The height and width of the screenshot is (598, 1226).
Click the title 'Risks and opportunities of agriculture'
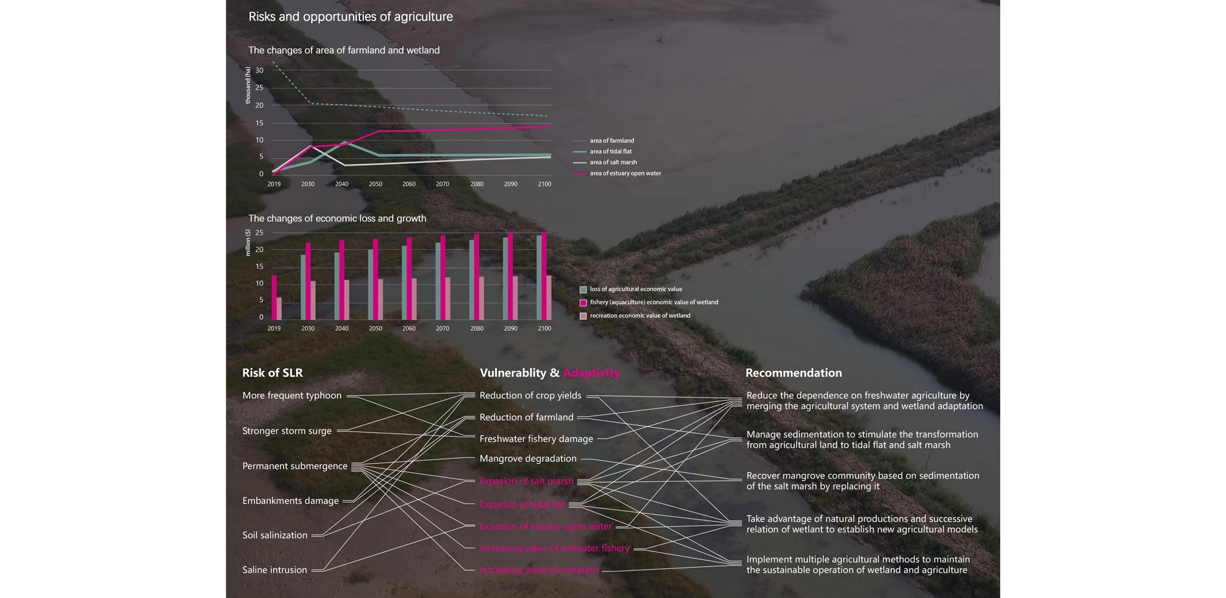point(350,17)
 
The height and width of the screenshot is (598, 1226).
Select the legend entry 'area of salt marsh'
point(613,163)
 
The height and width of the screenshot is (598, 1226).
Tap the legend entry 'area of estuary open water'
point(625,174)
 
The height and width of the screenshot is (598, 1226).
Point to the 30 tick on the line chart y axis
point(259,70)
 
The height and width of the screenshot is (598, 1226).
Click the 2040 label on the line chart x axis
point(341,184)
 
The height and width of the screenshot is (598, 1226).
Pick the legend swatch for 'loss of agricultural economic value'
point(583,290)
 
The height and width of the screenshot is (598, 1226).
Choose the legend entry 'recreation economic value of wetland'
point(639,316)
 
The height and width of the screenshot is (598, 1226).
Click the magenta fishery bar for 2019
point(274,297)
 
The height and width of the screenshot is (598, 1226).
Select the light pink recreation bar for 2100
point(549,297)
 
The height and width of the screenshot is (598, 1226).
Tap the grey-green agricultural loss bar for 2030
point(303,287)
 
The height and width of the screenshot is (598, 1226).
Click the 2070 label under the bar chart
point(443,329)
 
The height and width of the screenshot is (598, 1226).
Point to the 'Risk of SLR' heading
point(272,373)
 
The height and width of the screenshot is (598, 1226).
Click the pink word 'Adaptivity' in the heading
point(591,373)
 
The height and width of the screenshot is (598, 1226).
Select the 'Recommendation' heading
point(793,373)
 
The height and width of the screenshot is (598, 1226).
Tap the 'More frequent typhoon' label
point(292,395)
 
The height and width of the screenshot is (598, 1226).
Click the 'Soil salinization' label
point(275,535)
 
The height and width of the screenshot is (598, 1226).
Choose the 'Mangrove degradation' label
point(528,459)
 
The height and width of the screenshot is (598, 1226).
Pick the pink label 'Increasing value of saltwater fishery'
point(554,548)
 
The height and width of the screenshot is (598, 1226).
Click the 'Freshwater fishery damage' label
point(536,439)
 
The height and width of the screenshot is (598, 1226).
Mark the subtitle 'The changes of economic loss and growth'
point(337,219)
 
